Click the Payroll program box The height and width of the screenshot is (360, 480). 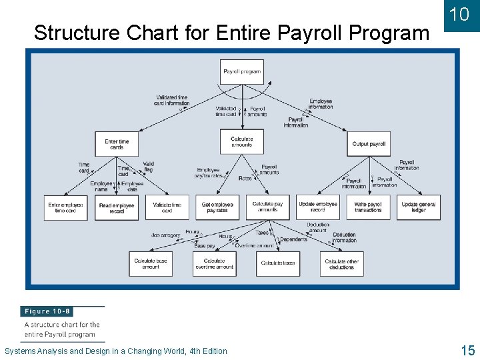pyautogui.click(x=242, y=71)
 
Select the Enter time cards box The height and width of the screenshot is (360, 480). pyautogui.click(x=117, y=144)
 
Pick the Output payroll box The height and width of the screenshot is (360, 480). pyautogui.click(x=369, y=144)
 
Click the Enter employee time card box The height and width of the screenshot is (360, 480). pyautogui.click(x=66, y=207)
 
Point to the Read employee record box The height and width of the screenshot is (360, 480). pyautogui.click(x=117, y=207)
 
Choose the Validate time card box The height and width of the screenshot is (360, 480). pyautogui.click(x=167, y=207)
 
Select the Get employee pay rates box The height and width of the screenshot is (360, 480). pyautogui.click(x=217, y=207)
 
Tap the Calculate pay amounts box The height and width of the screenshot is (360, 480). pyautogui.click(x=267, y=207)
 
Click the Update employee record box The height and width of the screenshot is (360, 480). pyautogui.click(x=318, y=207)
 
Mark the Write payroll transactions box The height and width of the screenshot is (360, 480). pyautogui.click(x=368, y=207)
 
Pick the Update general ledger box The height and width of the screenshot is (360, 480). pyautogui.click(x=418, y=207)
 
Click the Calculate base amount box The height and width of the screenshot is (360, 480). pyautogui.click(x=151, y=263)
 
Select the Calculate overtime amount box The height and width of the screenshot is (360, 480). pyautogui.click(x=215, y=263)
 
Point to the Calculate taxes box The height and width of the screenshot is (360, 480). pyautogui.click(x=278, y=263)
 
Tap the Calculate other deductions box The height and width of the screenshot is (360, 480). pyautogui.click(x=341, y=263)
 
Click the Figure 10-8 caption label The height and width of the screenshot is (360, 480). pyautogui.click(x=48, y=311)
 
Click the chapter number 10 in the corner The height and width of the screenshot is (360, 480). pyautogui.click(x=459, y=15)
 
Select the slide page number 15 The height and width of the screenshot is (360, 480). pyautogui.click(x=467, y=350)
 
